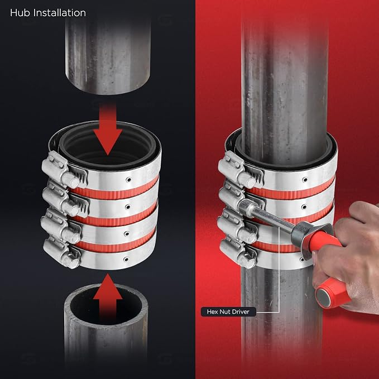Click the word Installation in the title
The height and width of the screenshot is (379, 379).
(60, 13)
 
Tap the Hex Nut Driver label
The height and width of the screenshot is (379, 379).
(228, 311)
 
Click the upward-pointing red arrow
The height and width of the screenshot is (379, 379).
(108, 298)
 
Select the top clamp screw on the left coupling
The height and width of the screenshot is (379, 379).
(70, 180)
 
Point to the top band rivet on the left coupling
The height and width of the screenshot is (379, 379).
(128, 180)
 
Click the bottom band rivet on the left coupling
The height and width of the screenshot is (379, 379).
(126, 260)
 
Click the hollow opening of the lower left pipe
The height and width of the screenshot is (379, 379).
(106, 305)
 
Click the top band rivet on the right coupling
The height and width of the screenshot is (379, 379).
(305, 180)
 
